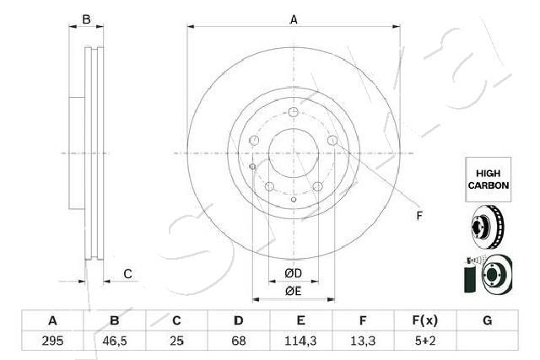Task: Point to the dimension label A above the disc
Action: click(294, 19)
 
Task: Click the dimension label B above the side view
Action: click(85, 19)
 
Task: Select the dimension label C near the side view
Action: click(127, 272)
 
